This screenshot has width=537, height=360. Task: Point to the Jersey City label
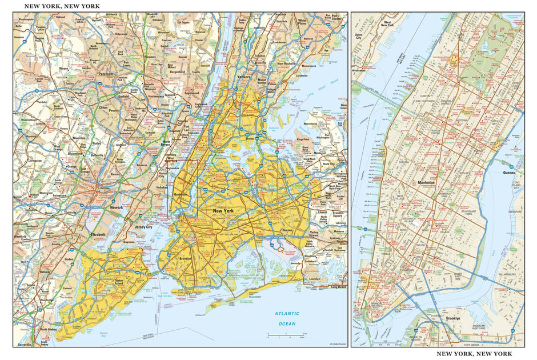coord(143,227)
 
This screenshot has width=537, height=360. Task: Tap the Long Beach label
coord(339,287)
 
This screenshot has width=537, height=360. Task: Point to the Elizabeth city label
coord(97,234)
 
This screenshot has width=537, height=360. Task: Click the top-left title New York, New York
coord(58,6)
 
